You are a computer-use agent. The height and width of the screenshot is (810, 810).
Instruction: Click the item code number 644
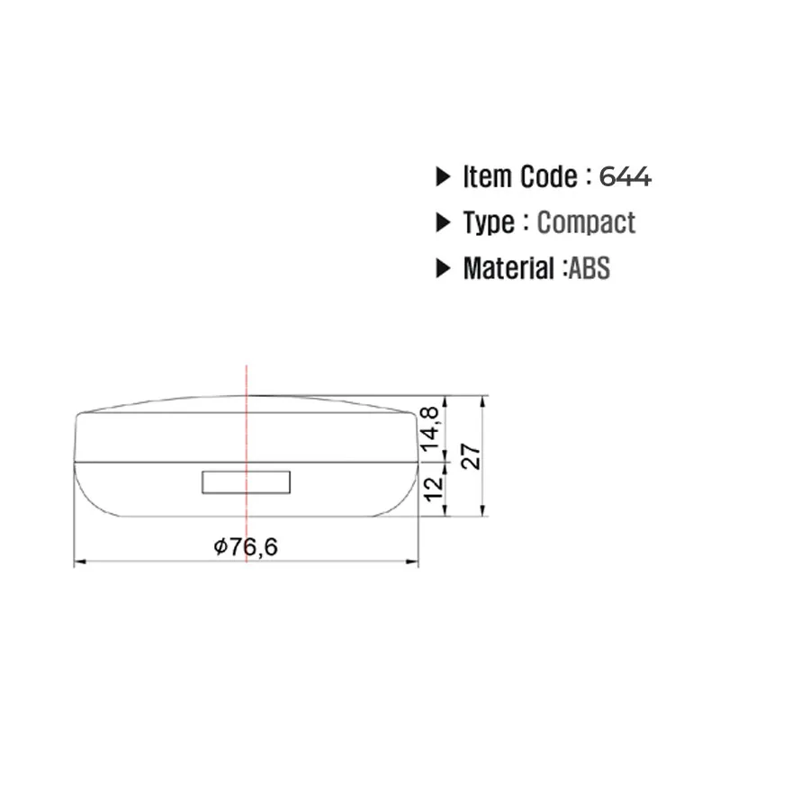tap(625, 176)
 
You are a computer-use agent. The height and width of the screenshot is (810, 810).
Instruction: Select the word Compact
tap(586, 222)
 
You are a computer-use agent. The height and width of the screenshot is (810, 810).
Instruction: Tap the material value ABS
tap(589, 268)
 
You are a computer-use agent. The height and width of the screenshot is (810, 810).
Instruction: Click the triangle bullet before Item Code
tap(443, 176)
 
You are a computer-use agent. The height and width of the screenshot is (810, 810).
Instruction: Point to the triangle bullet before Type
tap(443, 222)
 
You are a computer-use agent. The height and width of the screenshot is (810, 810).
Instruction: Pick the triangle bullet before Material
tap(443, 268)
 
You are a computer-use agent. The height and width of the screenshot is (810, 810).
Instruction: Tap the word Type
tap(489, 223)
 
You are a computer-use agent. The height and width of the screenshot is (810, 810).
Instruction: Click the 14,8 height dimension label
tap(431, 428)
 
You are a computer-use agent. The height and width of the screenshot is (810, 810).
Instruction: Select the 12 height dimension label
tap(433, 487)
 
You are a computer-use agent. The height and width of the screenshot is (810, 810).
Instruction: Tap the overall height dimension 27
tap(472, 455)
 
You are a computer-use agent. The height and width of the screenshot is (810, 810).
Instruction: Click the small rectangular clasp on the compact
tap(247, 482)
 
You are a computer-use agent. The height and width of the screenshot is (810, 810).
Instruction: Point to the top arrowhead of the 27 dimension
tap(484, 402)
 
